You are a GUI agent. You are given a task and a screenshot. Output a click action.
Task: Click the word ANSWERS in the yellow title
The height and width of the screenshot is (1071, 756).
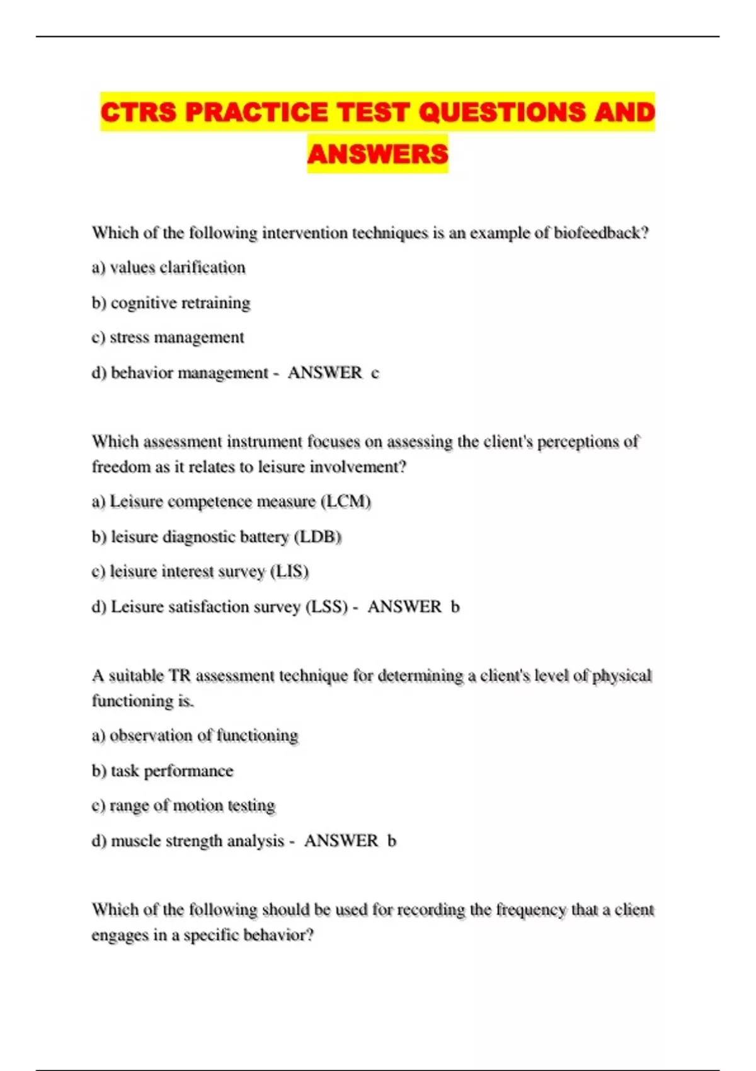point(377,154)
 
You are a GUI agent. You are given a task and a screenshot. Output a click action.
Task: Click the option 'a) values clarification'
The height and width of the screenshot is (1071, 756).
point(168,268)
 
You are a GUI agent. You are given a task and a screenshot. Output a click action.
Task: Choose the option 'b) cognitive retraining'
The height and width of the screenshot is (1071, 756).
point(171,303)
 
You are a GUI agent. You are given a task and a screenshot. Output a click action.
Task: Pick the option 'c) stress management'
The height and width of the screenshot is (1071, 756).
point(168,338)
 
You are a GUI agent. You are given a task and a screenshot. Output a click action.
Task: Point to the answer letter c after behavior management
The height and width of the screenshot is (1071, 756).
point(375,373)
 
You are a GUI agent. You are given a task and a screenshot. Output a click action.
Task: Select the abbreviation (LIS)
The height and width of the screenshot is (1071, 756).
point(290,571)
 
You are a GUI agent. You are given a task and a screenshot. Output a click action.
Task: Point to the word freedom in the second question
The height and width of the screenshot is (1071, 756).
point(121,467)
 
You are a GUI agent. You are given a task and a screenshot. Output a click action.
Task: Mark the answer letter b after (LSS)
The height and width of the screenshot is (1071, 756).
point(455,607)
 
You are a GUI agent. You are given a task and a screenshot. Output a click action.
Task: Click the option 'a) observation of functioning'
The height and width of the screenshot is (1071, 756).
point(195,736)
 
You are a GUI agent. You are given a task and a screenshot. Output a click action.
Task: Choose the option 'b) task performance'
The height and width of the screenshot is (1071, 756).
point(163,771)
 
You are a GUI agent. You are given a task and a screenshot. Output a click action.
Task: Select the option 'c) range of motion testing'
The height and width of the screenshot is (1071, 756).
point(183,806)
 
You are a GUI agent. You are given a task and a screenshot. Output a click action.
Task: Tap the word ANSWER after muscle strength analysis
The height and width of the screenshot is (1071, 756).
point(341,841)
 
